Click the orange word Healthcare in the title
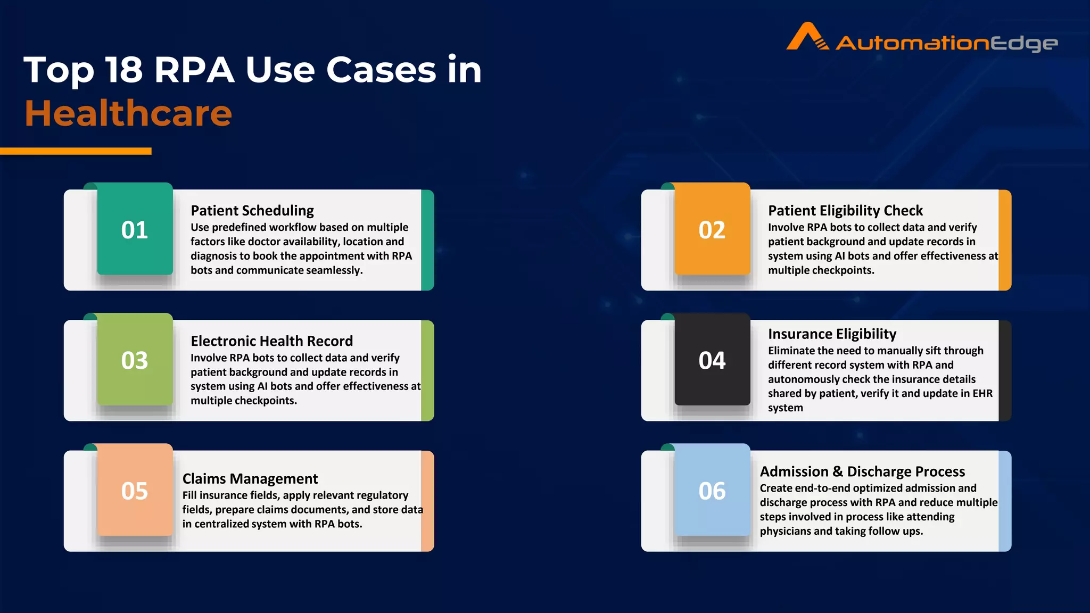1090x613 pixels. (128, 113)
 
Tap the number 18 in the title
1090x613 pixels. (124, 70)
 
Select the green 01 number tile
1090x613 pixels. (135, 230)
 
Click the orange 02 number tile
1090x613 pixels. (712, 230)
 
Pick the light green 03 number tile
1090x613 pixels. (135, 360)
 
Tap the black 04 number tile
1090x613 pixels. (712, 360)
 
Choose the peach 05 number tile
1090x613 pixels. (135, 491)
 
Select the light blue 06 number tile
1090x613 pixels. (712, 491)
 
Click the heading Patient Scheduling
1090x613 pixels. (252, 211)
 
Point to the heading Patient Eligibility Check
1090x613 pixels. (845, 211)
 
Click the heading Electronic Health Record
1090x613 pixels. (271, 341)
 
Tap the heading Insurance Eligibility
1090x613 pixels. (832, 334)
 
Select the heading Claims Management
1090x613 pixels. (250, 479)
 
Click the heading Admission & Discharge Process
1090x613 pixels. (862, 472)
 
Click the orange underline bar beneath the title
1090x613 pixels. (76, 151)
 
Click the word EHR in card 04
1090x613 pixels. (982, 393)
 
